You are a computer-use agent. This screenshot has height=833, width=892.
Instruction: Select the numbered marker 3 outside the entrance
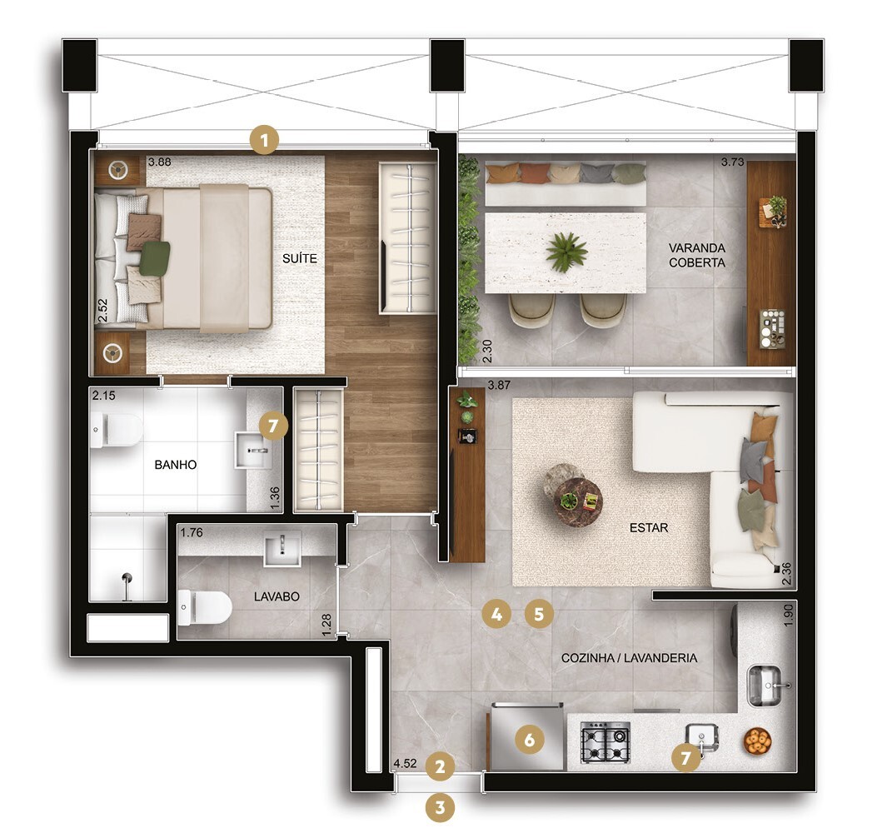click(441, 806)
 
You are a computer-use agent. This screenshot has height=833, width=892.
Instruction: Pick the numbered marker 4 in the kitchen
click(496, 616)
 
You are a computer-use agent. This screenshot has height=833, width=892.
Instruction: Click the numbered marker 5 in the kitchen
click(540, 616)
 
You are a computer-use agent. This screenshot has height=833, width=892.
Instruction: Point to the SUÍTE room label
click(299, 259)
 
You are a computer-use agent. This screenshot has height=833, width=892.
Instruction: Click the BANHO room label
click(176, 465)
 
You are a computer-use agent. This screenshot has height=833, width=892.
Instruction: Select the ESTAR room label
click(649, 528)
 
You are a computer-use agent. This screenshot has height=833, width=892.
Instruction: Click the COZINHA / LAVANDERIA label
click(629, 658)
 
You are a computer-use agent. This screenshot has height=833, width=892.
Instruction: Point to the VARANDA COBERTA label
click(696, 255)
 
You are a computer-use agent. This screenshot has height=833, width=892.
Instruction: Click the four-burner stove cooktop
click(605, 742)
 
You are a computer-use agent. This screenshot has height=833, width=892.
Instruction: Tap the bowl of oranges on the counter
click(757, 740)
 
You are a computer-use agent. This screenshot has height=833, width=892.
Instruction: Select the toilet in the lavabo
click(204, 607)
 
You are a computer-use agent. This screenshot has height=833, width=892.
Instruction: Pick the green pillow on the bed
click(154, 257)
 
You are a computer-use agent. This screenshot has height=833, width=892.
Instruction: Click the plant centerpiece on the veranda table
click(566, 252)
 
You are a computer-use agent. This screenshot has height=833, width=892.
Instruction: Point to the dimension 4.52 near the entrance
click(405, 763)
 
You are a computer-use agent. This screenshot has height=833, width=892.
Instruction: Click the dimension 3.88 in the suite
click(159, 163)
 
